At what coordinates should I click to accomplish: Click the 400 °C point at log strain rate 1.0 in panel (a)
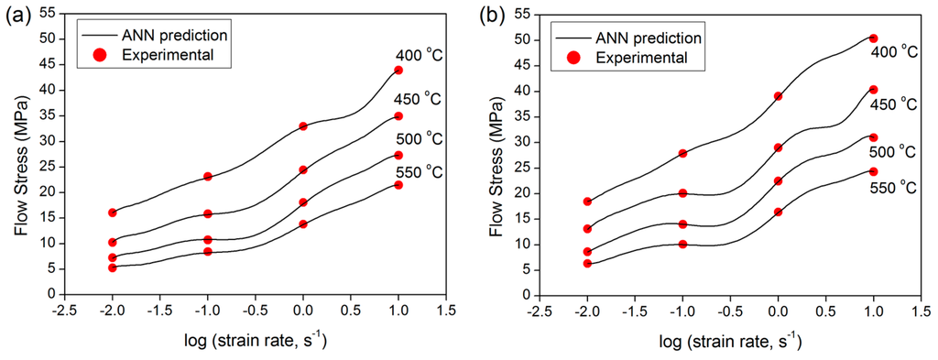(398, 70)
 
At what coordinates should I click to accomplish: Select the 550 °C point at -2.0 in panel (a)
(113, 267)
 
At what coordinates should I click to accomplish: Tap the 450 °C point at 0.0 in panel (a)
(303, 169)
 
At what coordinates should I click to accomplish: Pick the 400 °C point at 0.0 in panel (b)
(779, 95)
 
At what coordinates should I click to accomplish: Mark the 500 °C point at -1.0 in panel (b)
(682, 224)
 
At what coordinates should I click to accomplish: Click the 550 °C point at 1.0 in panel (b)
(873, 171)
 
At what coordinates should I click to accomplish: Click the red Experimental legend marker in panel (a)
(100, 55)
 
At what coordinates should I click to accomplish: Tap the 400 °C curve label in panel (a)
(418, 55)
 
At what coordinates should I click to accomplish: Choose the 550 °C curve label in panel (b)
(892, 188)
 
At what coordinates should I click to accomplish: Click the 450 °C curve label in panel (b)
(893, 104)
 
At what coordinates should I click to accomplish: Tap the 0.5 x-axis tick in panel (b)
(825, 310)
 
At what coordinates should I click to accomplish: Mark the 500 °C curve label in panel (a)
(418, 139)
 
